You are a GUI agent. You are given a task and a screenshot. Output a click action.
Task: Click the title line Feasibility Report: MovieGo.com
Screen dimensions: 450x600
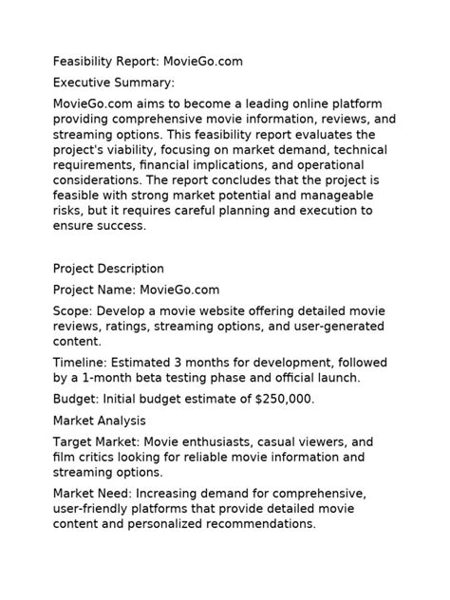point(148,62)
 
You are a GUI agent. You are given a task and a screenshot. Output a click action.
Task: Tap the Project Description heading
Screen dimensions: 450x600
point(108,269)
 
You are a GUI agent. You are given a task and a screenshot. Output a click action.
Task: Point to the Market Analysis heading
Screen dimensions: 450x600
point(100,420)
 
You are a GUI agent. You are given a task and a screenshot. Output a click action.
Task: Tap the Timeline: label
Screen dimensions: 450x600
point(80,362)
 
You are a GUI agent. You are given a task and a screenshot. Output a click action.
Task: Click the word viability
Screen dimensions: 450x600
point(143,150)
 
